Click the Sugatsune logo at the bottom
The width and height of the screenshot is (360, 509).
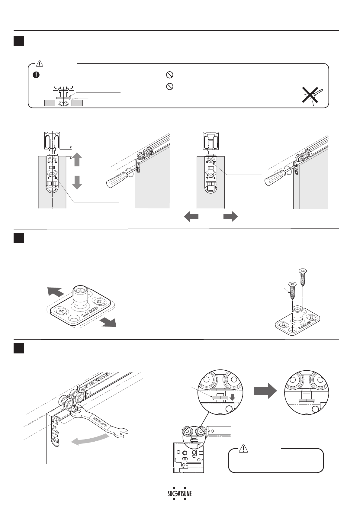pos(180,494)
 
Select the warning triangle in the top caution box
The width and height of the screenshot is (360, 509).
pos(40,63)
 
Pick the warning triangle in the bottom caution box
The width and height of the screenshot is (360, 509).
pos(243,449)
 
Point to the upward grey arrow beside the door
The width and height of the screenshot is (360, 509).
pos(77,159)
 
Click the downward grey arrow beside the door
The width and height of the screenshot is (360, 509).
pos(77,182)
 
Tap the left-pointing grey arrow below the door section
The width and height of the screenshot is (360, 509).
pos(191,217)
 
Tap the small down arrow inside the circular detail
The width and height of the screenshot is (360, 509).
pos(232,398)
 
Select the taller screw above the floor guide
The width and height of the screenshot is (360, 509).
pos(303,276)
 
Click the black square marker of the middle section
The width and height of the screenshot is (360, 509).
pos(19,238)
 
